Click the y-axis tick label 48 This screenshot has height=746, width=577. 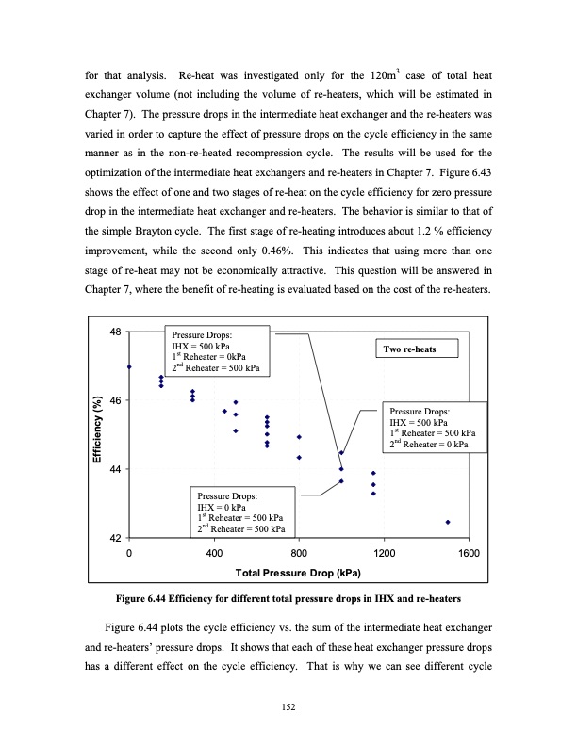point(114,332)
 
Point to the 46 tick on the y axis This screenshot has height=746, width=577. point(114,401)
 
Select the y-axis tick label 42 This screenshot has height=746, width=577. point(114,538)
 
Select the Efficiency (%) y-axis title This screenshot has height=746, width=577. point(96,434)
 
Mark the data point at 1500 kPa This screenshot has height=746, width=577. point(447,522)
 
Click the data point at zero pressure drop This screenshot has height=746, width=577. point(129,367)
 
